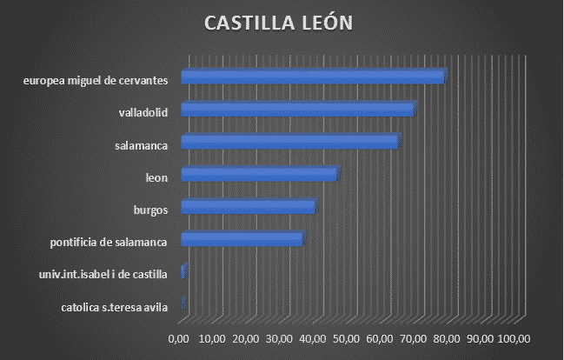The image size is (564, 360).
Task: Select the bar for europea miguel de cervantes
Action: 313,77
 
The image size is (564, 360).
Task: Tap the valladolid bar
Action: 298,110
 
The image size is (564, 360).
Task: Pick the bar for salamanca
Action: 289,142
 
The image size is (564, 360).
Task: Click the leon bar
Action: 259,175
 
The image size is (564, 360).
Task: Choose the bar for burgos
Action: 249,207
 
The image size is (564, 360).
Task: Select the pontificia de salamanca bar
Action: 242,240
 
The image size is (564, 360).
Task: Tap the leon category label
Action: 156,178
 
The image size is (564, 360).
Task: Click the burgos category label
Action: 150,210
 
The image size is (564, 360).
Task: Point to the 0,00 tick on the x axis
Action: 178,337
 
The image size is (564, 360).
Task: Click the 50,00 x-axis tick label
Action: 346,337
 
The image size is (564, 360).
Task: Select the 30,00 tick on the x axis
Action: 279,337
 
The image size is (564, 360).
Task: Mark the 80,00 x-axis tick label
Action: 447,337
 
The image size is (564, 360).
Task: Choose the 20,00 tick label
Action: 246,337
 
